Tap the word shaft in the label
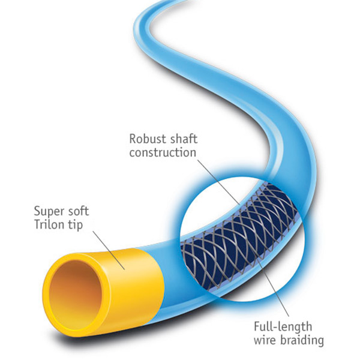(x=179, y=139)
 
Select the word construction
(x=163, y=152)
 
